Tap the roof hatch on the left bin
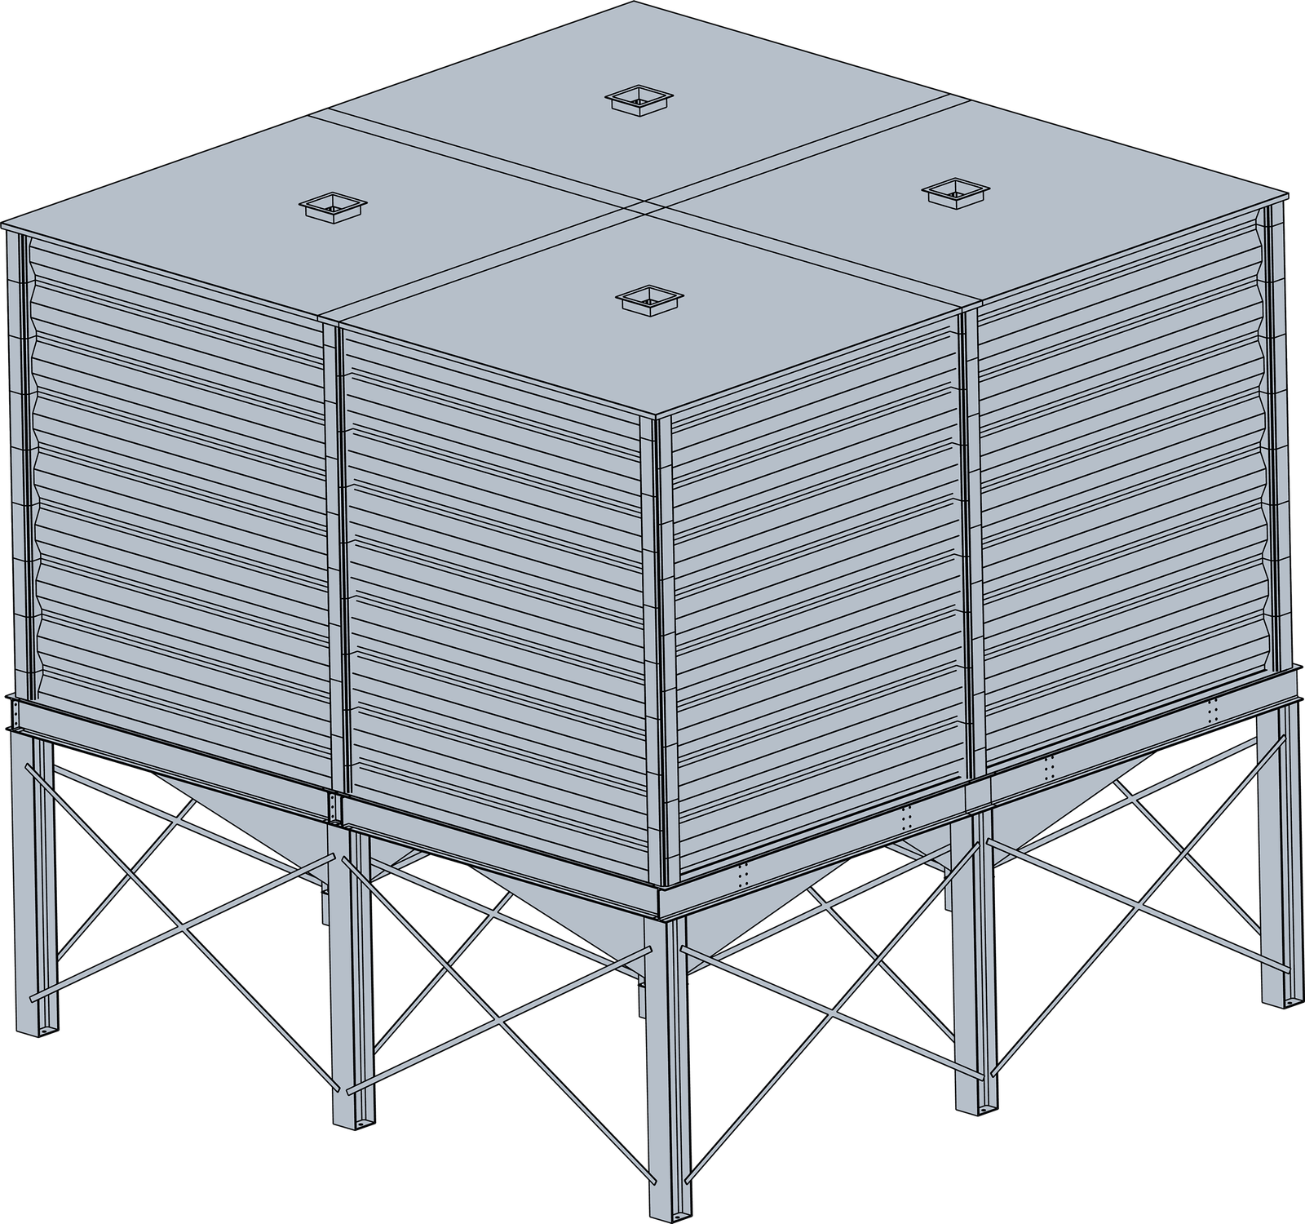(332, 205)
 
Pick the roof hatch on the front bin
(649, 299)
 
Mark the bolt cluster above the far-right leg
(1213, 709)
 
